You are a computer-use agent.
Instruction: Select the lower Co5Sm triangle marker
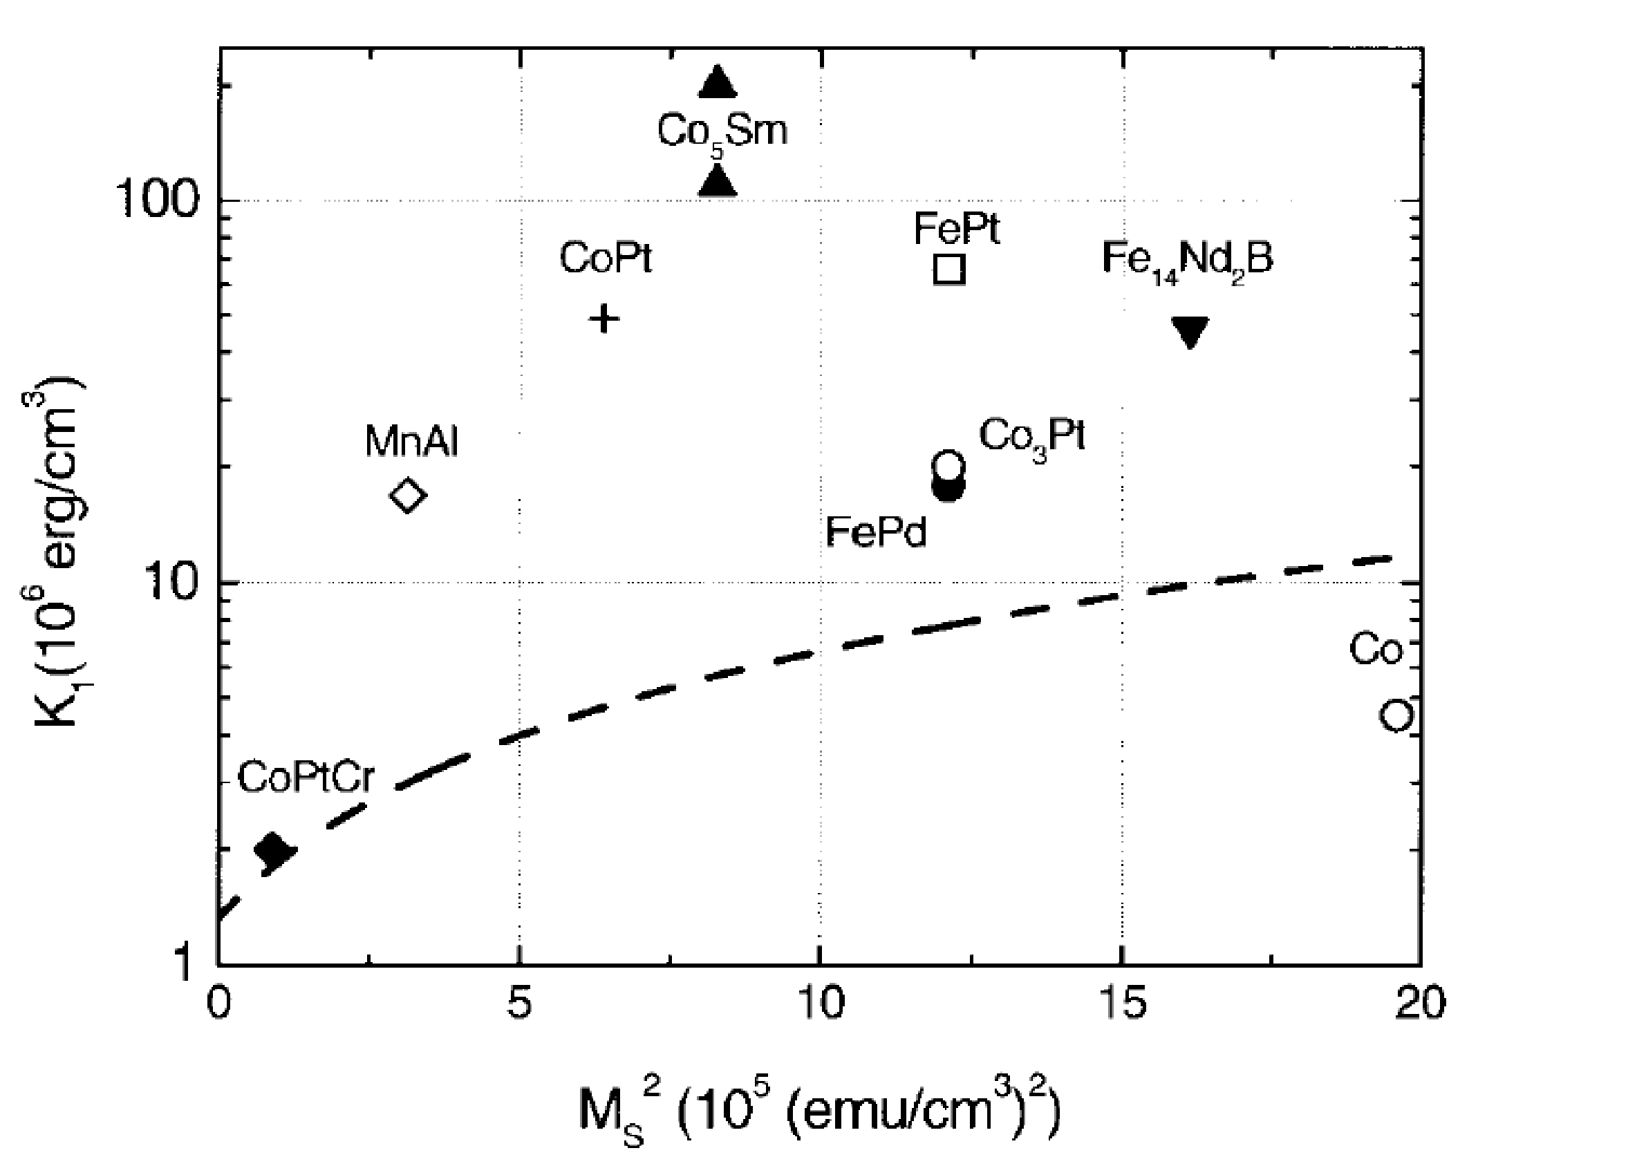[x=718, y=182]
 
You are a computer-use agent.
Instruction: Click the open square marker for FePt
[x=950, y=269]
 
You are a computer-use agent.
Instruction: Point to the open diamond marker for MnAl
[x=408, y=496]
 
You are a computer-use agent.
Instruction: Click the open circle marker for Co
[x=1396, y=715]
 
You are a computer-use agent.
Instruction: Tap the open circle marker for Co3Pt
[x=949, y=464]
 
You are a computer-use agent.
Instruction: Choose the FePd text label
[x=875, y=532]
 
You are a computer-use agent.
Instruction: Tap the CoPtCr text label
[x=306, y=778]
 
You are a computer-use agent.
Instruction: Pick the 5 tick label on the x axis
[x=519, y=1004]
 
